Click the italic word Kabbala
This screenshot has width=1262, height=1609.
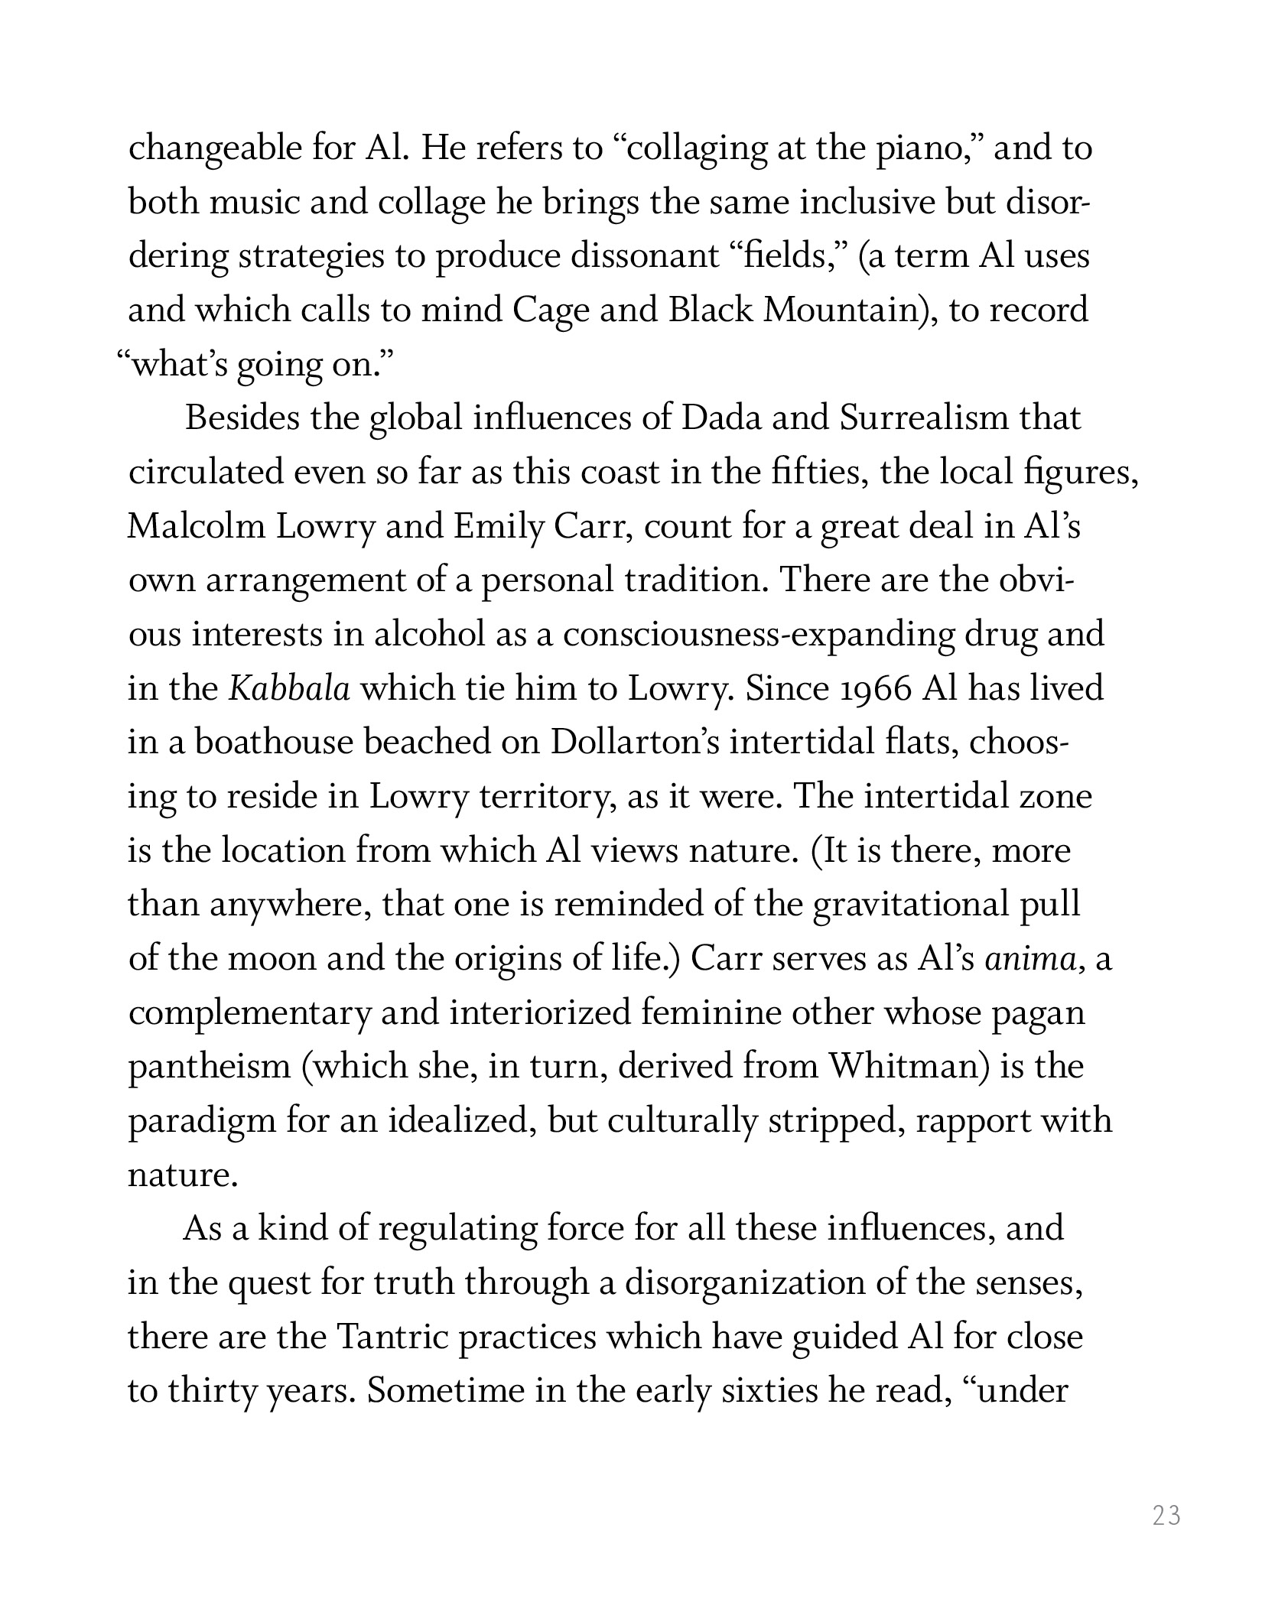(290, 689)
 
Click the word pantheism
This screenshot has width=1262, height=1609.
(209, 1067)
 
